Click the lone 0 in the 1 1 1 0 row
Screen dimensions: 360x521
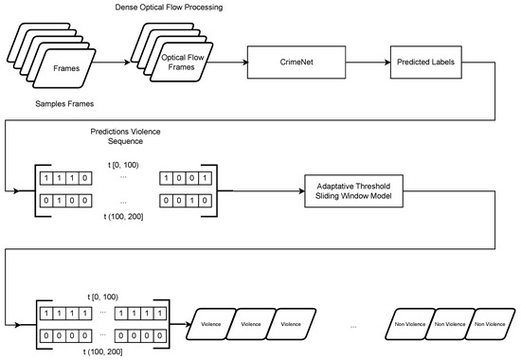click(x=86, y=175)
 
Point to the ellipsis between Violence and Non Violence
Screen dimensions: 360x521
click(x=353, y=328)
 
